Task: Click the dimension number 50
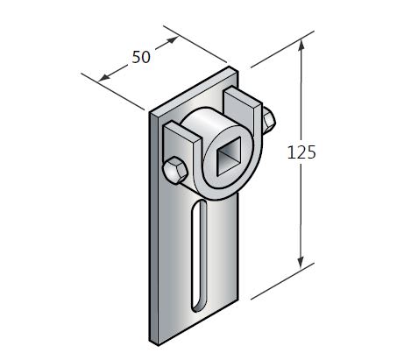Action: click(x=140, y=57)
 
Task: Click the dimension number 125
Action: click(x=301, y=152)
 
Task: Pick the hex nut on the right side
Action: click(x=265, y=119)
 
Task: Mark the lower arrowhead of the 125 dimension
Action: click(x=303, y=262)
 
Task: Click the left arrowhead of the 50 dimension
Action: click(x=103, y=77)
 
